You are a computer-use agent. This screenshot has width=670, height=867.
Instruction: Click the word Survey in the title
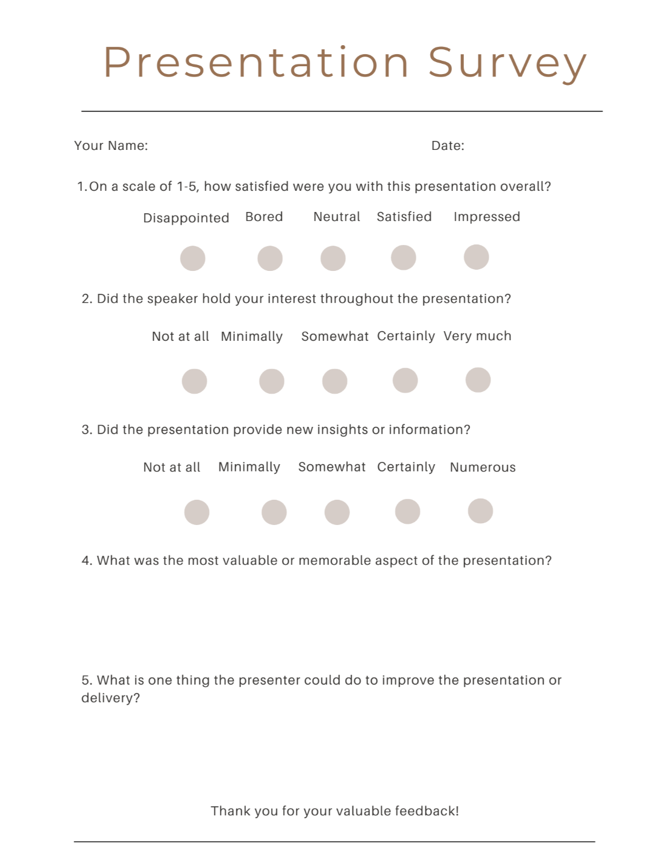pos(507,63)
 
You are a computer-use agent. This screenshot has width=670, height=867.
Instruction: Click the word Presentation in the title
pos(257,63)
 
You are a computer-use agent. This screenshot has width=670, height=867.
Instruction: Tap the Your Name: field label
pos(111,146)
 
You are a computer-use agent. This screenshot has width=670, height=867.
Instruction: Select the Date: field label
pos(448,146)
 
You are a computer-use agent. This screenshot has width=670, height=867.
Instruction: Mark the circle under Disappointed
pos(193,258)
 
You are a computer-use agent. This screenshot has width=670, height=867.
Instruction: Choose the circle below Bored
pos(270,258)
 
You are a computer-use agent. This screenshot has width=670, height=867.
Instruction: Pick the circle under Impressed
pos(476,257)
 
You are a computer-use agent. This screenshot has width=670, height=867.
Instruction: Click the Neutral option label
pos(336,217)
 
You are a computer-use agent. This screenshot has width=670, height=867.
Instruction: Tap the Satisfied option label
pos(404,217)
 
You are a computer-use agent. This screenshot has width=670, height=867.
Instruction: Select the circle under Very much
pos(478,380)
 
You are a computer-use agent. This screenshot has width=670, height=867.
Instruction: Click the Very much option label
pos(477,336)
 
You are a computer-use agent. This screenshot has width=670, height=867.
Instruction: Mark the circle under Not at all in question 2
pos(195,381)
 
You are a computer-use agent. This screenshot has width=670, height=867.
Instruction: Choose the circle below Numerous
pos(480,511)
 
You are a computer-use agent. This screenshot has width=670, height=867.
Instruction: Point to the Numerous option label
pos(483,467)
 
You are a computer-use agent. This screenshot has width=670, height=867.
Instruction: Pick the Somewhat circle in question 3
pos(337,512)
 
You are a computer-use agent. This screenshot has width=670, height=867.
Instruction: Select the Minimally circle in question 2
pos(272,381)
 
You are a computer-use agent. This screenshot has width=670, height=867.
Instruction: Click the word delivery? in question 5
pos(110,698)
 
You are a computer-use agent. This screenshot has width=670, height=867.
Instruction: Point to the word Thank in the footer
pos(230,811)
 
